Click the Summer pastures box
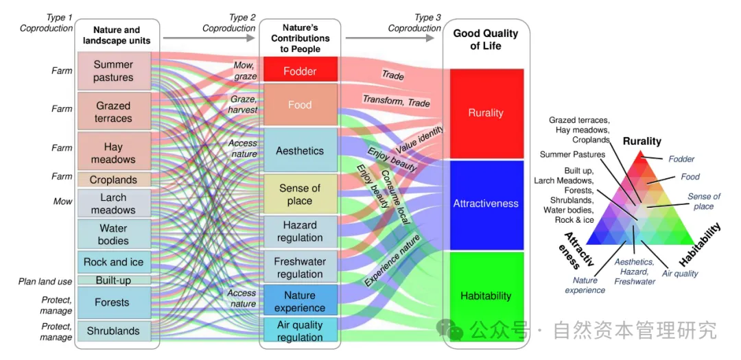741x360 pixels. pos(113,71)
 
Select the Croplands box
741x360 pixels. pos(113,180)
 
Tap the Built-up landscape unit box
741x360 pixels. pos(113,280)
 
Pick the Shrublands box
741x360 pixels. pos(113,331)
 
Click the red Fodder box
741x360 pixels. pos(299,71)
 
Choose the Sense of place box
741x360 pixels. pos(299,194)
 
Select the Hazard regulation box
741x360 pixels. pos(299,231)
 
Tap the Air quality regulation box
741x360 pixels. pos(299,331)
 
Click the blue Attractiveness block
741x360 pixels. pos(485,204)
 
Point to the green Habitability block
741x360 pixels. pos(485,296)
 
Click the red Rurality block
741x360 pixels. pos(485,112)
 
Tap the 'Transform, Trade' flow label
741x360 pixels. pos(396,101)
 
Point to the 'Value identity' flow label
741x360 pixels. pos(420,141)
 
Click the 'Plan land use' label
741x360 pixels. pos(45,282)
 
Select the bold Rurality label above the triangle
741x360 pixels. pos(642,141)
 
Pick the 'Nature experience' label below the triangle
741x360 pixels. pos(585,285)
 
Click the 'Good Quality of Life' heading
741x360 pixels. pos(486,40)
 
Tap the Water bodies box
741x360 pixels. pos(113,235)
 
